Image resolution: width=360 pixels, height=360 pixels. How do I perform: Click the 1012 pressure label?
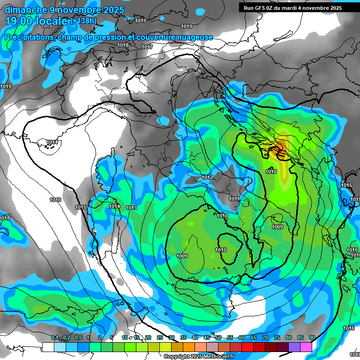coord(207,177)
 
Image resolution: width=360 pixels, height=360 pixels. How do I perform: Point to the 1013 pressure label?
coord(131,208)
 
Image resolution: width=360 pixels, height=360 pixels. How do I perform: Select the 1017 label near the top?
coord(147,47)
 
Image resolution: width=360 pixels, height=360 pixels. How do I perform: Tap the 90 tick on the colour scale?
coord(312,337)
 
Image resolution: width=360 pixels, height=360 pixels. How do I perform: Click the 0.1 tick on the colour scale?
coord(55,337)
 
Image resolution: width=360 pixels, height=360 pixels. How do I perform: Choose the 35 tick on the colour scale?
coord(183,337)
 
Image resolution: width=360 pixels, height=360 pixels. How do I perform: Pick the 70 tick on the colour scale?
coord(265,337)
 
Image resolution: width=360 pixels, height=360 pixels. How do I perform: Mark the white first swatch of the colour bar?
coord(48,347)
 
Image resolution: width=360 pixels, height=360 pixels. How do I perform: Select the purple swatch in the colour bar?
coord(295,347)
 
